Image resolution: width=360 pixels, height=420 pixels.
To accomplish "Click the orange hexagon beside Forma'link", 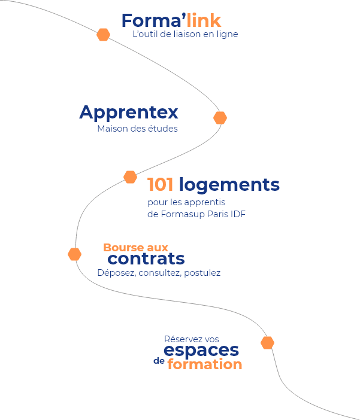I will tap(103, 35).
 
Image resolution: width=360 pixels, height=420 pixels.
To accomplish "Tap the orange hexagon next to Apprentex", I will tap(220, 118).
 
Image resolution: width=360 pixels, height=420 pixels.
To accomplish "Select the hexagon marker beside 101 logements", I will tap(130, 176).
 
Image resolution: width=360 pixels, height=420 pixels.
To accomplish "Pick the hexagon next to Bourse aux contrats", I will tap(74, 254).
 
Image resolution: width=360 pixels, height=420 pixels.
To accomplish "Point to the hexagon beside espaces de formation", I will tap(267, 343).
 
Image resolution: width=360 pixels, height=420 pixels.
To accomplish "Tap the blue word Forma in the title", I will tap(150, 21).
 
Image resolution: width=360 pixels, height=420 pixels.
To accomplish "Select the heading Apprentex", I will tap(129, 112).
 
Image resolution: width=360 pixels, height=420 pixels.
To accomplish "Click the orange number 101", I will tap(160, 185).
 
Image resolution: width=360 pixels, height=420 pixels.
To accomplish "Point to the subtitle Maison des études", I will tap(137, 129).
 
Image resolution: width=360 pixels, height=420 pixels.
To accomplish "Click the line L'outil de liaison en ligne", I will tap(185, 35).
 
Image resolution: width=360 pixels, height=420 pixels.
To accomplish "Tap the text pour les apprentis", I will tap(186, 202).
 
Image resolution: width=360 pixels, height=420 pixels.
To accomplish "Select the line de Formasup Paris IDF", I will tap(196, 214).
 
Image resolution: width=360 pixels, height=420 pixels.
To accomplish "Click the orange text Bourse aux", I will tap(136, 247).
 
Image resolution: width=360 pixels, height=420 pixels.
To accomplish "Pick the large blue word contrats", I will tap(146, 259).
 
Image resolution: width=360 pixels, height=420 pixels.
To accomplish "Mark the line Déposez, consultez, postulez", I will tap(159, 273).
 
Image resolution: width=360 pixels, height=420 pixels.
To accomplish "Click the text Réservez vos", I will tap(191, 339).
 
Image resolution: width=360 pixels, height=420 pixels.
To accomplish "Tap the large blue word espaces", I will tap(201, 351).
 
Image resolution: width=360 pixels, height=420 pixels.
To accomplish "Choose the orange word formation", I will tap(205, 364).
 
